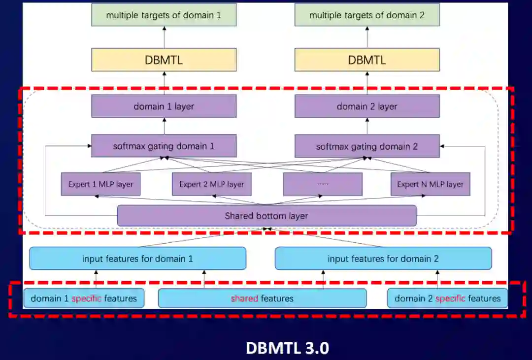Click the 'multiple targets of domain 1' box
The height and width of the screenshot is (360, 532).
pyautogui.click(x=164, y=15)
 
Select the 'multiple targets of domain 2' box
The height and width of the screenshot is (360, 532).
pyautogui.click(x=367, y=15)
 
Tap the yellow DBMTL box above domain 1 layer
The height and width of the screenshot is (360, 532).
pyautogui.click(x=164, y=60)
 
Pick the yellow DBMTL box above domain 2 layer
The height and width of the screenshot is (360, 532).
pyautogui.click(x=367, y=60)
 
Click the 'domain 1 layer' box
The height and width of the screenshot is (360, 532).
pyautogui.click(x=164, y=106)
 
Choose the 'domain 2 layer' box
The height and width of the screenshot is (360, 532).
pyautogui.click(x=367, y=106)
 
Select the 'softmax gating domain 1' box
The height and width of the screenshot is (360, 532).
pyautogui.click(x=164, y=146)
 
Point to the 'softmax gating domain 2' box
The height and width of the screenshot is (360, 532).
pyautogui.click(x=367, y=146)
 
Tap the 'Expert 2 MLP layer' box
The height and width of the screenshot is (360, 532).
pyautogui.click(x=212, y=184)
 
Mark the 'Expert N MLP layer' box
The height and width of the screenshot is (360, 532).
pyautogui.click(x=430, y=184)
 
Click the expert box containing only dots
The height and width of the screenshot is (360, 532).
pyautogui.click(x=323, y=184)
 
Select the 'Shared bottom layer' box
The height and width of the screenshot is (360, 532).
pyautogui.click(x=266, y=216)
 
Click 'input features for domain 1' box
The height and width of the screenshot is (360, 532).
pyautogui.click(x=137, y=259)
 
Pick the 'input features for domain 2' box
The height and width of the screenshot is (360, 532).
pyautogui.click(x=383, y=259)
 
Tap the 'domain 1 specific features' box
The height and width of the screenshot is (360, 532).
pyautogui.click(x=84, y=298)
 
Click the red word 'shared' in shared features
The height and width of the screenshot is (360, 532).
pyautogui.click(x=244, y=298)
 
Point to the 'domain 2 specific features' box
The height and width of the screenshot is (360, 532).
pyautogui.click(x=447, y=298)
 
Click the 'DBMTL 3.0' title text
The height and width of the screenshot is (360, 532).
pyautogui.click(x=287, y=348)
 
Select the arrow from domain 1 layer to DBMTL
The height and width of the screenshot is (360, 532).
pyautogui.click(x=164, y=83)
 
